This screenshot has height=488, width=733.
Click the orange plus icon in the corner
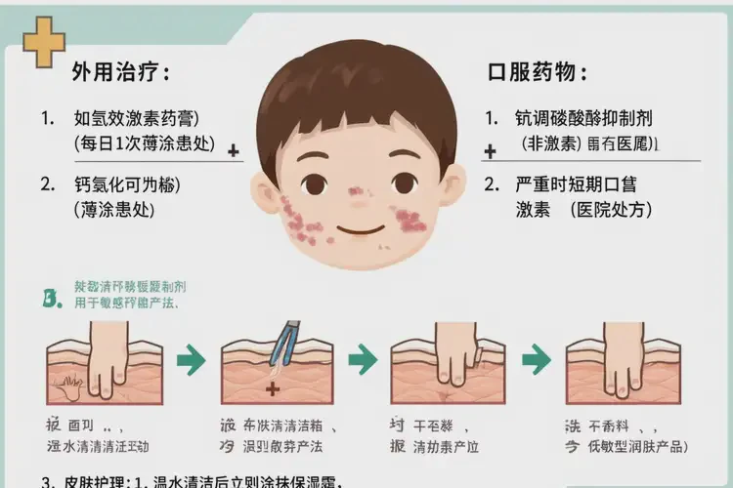pos(43,42)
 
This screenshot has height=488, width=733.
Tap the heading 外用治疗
pos(120,72)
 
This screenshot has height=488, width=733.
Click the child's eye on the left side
pos(314,183)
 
